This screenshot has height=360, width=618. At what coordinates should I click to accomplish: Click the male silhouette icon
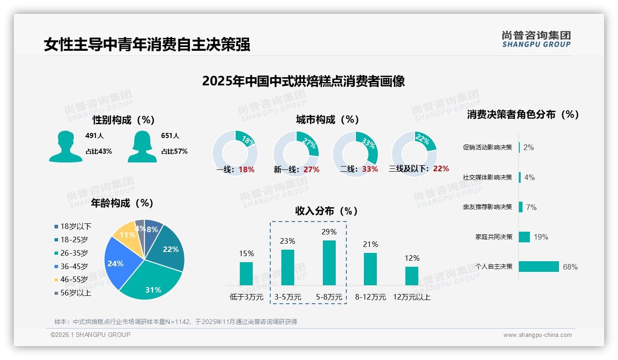pyautogui.click(x=66, y=146)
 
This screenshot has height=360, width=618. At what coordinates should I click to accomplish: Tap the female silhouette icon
pyautogui.click(x=142, y=146)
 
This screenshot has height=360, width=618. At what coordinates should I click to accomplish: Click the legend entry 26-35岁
pyautogui.click(x=74, y=253)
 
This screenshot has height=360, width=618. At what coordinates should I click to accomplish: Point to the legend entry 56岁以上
pyautogui.click(x=76, y=293)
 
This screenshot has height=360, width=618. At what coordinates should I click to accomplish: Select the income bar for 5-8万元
pyautogui.click(x=329, y=263)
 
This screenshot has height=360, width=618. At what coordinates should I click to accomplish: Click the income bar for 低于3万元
pyautogui.click(x=246, y=274)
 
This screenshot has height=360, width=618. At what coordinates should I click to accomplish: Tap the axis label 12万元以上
pyautogui.click(x=412, y=297)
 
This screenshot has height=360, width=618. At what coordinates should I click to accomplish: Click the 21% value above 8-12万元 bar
pyautogui.click(x=370, y=245)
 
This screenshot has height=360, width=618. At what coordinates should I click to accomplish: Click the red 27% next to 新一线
pyautogui.click(x=311, y=169)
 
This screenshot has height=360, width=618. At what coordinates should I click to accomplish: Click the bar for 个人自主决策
pyautogui.click(x=539, y=267)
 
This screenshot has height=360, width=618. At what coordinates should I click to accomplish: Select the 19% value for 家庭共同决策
pyautogui.click(x=541, y=237)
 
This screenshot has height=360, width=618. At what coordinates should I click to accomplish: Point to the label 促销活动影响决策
pyautogui.click(x=487, y=148)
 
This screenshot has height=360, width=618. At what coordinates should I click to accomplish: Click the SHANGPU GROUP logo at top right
pyautogui.click(x=536, y=39)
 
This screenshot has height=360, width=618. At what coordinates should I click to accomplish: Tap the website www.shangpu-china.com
pyautogui.click(x=537, y=335)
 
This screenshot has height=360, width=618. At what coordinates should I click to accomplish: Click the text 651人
pyautogui.click(x=170, y=136)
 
